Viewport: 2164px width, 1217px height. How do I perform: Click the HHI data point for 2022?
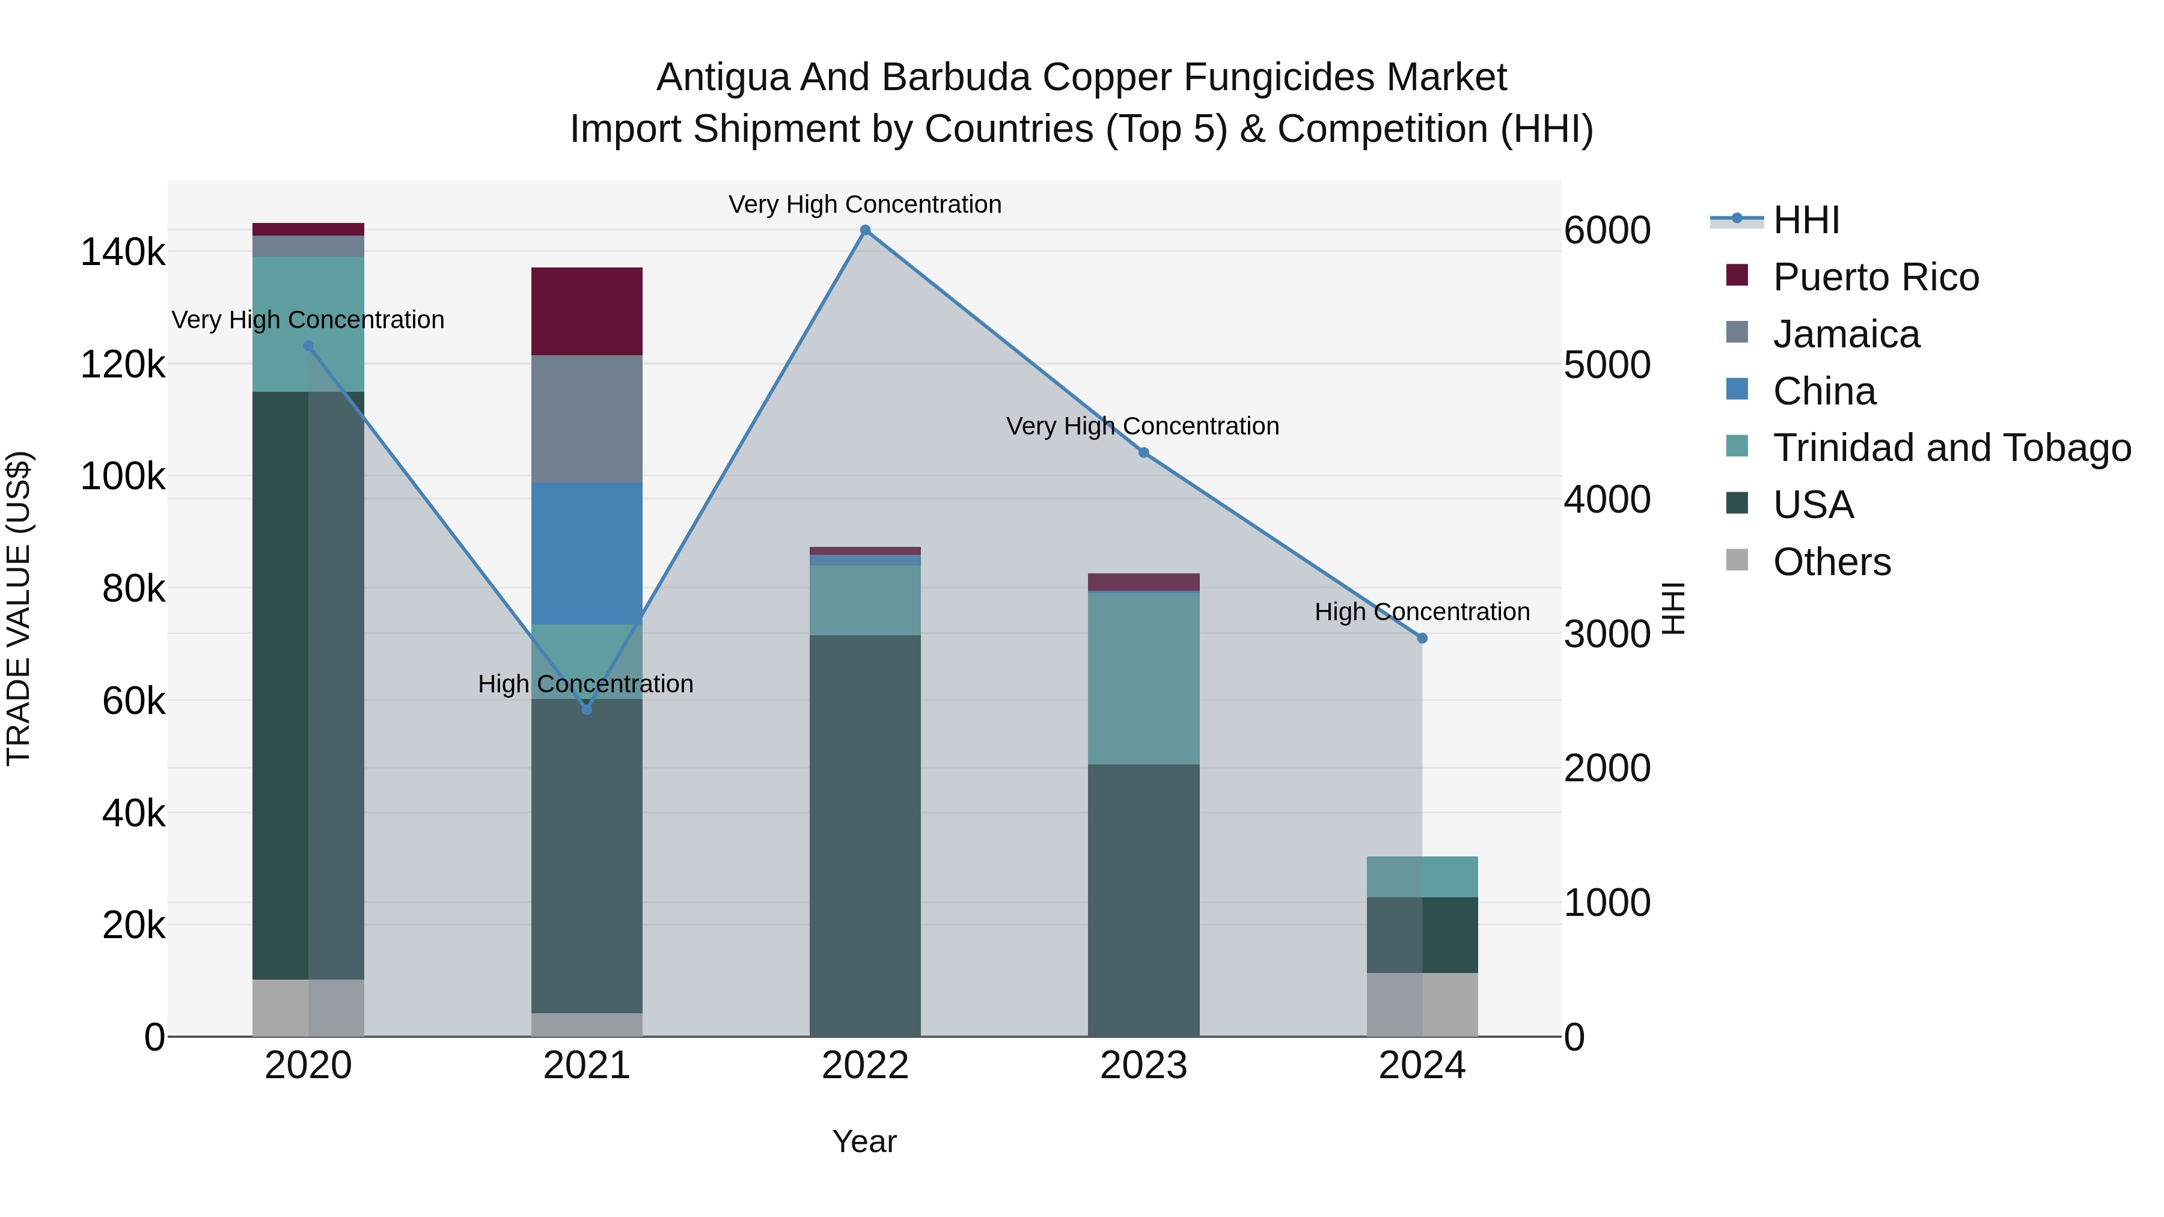click(x=865, y=230)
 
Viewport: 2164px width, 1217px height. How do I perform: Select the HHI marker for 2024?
click(x=1422, y=638)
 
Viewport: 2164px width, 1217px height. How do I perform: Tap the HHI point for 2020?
click(x=308, y=346)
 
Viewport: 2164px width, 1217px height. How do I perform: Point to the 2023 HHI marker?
click(x=1143, y=453)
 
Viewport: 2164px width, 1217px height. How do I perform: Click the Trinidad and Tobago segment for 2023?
click(x=1143, y=678)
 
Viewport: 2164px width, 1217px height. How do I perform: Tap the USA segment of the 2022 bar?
click(x=865, y=836)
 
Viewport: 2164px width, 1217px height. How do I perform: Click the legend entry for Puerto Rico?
click(x=1875, y=277)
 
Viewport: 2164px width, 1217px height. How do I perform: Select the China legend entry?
click(x=1824, y=391)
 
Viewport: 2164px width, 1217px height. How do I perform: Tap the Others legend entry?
click(x=1832, y=562)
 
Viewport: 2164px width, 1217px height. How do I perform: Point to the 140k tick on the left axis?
click(x=123, y=252)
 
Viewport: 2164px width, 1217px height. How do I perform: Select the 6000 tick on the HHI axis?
click(x=1606, y=230)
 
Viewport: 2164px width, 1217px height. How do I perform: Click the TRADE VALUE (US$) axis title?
click(x=19, y=608)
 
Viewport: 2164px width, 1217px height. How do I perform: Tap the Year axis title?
click(x=864, y=1141)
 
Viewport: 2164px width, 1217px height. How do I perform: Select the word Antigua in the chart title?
click(x=721, y=78)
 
